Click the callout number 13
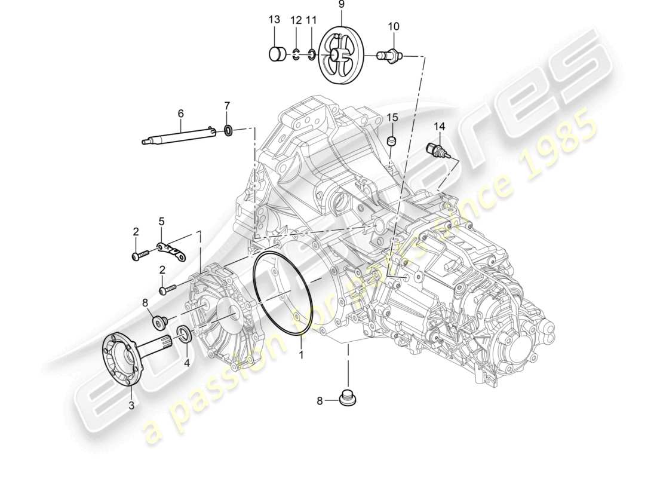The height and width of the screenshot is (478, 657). (x=274, y=20)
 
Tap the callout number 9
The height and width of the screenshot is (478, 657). (x=341, y=5)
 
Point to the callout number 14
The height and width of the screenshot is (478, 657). (x=440, y=126)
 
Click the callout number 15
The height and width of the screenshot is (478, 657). (x=392, y=117)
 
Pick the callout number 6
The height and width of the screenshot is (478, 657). (x=180, y=112)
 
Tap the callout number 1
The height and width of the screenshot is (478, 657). (x=302, y=355)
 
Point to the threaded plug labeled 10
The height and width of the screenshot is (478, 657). (x=391, y=57)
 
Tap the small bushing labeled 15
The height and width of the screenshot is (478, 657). (x=392, y=141)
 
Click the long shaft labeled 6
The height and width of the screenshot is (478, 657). (x=179, y=136)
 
